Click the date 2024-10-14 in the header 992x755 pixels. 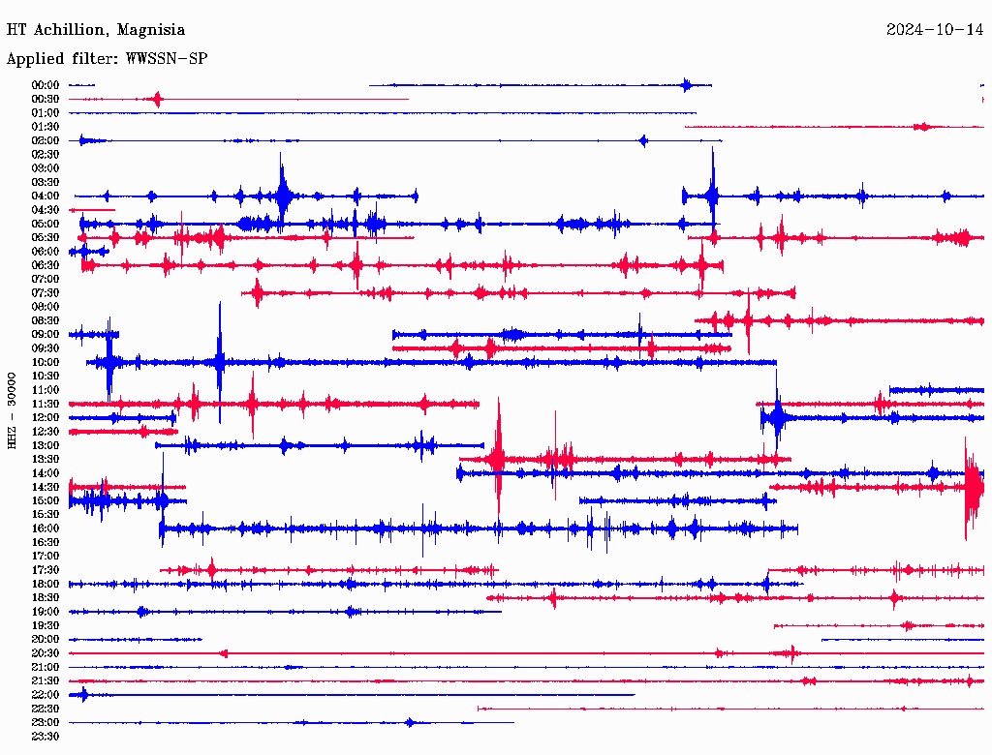935,30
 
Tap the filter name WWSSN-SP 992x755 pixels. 167,59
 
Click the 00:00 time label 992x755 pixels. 46,85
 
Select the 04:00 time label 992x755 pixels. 46,196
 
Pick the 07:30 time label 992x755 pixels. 46,293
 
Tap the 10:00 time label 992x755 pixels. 46,363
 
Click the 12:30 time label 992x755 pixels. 46,432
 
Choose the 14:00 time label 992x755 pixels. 46,473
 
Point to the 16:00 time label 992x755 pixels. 46,528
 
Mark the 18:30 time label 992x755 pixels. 46,598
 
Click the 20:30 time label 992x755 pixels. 46,653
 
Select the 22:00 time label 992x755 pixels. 46,695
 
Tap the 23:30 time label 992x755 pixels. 46,737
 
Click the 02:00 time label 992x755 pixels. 46,140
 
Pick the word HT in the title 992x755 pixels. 15,30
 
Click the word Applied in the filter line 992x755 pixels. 35,59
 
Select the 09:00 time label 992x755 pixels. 46,335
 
